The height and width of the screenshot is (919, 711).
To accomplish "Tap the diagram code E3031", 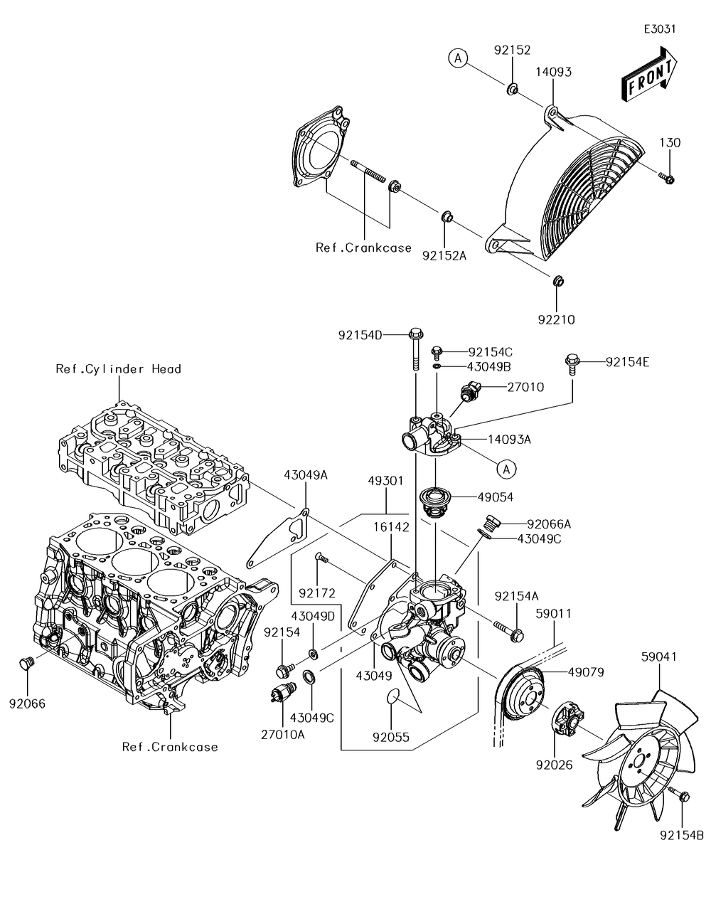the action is (x=660, y=29).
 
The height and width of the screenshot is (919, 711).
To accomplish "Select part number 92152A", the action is (x=444, y=256).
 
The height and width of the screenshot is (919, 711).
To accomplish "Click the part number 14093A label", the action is (x=509, y=440).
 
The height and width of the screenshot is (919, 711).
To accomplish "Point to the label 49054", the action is (x=496, y=497).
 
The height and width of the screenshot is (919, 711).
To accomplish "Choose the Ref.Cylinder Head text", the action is (x=118, y=368).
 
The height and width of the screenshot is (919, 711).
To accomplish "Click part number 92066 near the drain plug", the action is (x=27, y=703).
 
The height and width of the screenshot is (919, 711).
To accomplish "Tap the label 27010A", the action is (x=282, y=735).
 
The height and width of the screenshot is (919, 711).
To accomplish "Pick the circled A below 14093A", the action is (x=507, y=469).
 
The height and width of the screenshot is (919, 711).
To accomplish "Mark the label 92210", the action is (x=556, y=320).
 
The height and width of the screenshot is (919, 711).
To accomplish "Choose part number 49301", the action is (x=385, y=481).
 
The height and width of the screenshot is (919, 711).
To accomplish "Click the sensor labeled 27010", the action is (x=469, y=391).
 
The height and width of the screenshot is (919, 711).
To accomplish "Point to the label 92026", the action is (x=554, y=765).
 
